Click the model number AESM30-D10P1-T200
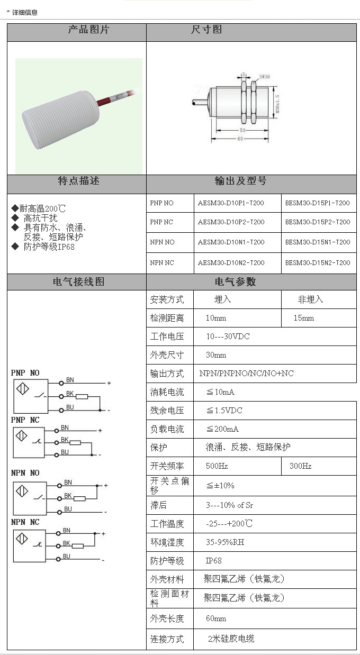click(231, 203)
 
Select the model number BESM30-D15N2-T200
click(318, 263)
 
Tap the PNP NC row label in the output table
click(161, 222)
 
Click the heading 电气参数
click(235, 282)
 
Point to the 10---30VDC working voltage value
click(228, 336)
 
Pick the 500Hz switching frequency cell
click(217, 466)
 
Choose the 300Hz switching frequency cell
click(300, 466)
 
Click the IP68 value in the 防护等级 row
click(214, 561)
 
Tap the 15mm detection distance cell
click(304, 318)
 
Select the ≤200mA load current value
click(222, 429)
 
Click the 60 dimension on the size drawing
click(240, 139)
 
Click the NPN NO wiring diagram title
click(25, 473)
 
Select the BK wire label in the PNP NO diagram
click(70, 394)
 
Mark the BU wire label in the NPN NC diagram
click(66, 557)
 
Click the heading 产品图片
click(88, 30)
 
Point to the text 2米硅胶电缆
click(231, 639)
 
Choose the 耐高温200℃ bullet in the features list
click(40, 209)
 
